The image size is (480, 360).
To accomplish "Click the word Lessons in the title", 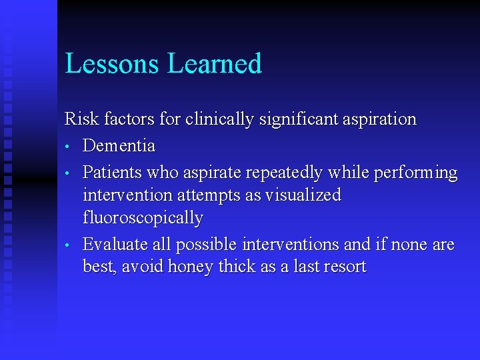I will pyautogui.click(x=113, y=64).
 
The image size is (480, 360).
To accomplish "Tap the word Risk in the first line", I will pyautogui.click(x=78, y=120).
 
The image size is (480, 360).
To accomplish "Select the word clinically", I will pyautogui.click(x=221, y=120).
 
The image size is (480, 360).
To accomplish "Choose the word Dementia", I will pyautogui.click(x=119, y=145).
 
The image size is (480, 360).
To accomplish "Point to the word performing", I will pyautogui.click(x=416, y=173).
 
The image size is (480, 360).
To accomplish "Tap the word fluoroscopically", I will pyautogui.click(x=143, y=218).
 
